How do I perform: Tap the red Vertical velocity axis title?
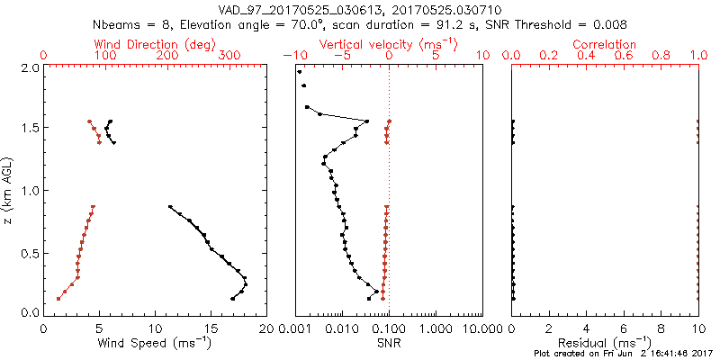click(x=388, y=44)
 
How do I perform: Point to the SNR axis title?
click(x=389, y=343)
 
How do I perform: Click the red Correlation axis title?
click(x=605, y=44)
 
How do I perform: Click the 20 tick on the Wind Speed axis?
click(x=265, y=328)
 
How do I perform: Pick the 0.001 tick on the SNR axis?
click(x=295, y=328)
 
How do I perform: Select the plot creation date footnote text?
click(x=621, y=354)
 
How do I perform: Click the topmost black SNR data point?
click(x=300, y=71)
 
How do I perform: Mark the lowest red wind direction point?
click(x=58, y=299)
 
